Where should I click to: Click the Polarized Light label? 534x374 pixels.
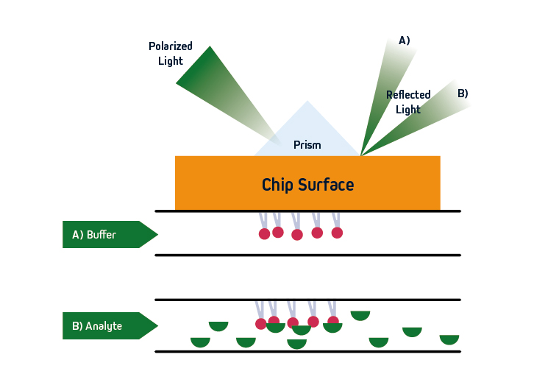[x=170, y=53]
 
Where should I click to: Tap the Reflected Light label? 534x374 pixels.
[x=408, y=102]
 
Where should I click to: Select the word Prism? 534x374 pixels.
[x=307, y=145]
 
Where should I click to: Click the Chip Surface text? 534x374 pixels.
[x=307, y=184]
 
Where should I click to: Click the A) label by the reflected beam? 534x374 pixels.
[x=404, y=40]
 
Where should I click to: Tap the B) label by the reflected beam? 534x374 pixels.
[x=463, y=93]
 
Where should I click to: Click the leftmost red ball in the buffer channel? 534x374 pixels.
[x=264, y=234]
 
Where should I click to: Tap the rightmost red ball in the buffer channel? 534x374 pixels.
[x=337, y=233]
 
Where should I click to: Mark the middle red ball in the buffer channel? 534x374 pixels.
[x=297, y=235]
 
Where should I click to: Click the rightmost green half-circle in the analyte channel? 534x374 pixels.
[x=449, y=339]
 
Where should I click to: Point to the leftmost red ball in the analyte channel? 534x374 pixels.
[x=260, y=324]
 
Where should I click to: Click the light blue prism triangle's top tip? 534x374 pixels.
[x=307, y=102]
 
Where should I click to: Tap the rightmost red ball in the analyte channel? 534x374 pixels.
[x=333, y=321]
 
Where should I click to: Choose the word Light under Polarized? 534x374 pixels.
[x=170, y=61]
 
